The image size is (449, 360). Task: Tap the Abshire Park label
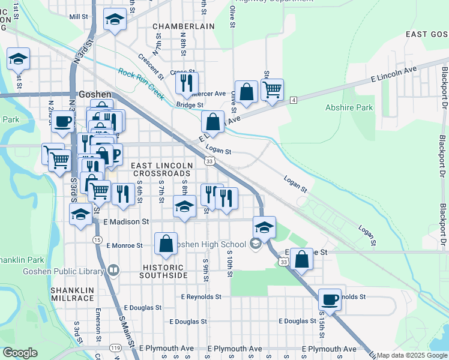349,108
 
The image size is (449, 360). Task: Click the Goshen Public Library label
63,271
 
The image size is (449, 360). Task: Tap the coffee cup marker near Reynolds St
330,299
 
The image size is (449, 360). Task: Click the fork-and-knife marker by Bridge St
187,82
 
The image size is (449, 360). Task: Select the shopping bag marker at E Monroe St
166,244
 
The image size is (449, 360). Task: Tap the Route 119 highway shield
115,348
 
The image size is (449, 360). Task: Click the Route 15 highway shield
97,239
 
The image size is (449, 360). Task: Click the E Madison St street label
125,221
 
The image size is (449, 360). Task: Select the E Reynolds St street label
201,296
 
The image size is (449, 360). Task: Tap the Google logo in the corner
20,353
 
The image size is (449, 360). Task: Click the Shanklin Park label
22,260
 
